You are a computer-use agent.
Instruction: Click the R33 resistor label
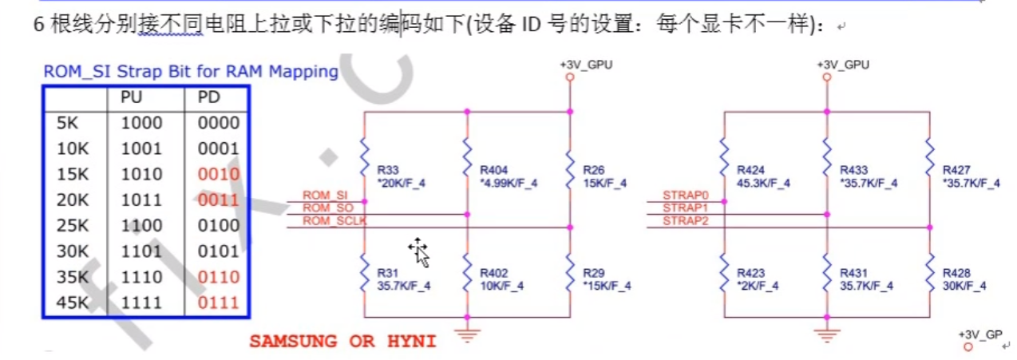388,170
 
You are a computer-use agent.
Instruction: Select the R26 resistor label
594,170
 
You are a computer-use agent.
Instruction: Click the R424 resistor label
751,170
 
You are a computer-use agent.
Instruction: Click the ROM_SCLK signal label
334,220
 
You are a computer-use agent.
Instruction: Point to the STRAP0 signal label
686,196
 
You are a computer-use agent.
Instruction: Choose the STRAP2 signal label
686,220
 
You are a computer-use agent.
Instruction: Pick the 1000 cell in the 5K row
141,123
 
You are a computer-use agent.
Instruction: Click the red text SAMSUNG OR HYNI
342,342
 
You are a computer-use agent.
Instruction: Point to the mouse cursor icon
420,251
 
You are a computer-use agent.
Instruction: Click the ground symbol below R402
467,334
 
